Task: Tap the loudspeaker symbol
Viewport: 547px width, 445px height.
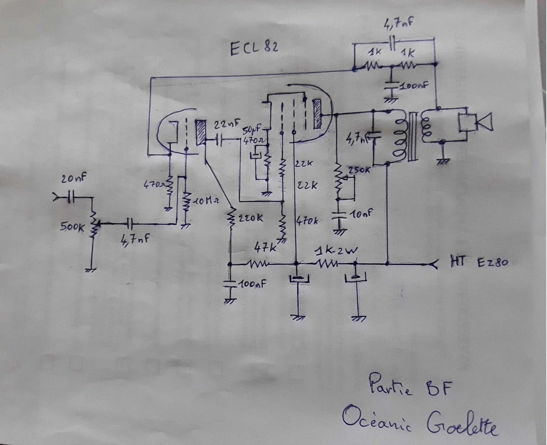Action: [x=476, y=122]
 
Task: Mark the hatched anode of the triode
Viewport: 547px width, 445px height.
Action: [x=201, y=132]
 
